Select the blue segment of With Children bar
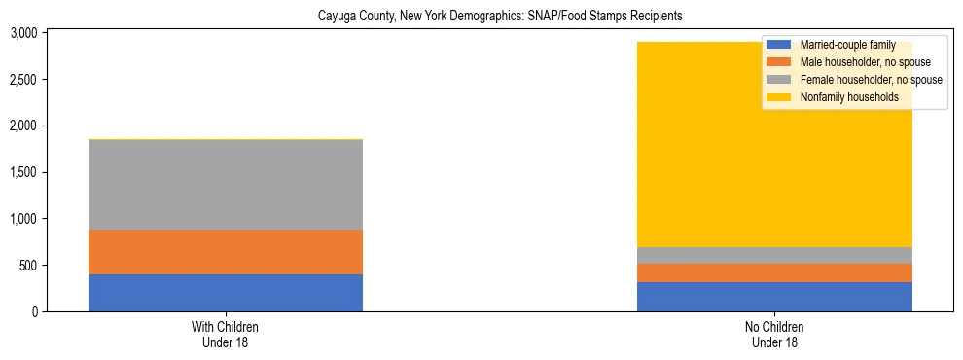click(x=225, y=293)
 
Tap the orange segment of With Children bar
click(x=225, y=252)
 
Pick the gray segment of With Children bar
click(x=225, y=185)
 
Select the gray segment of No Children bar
click(x=774, y=255)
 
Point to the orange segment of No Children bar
click(x=774, y=272)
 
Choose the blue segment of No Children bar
click(x=774, y=297)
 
